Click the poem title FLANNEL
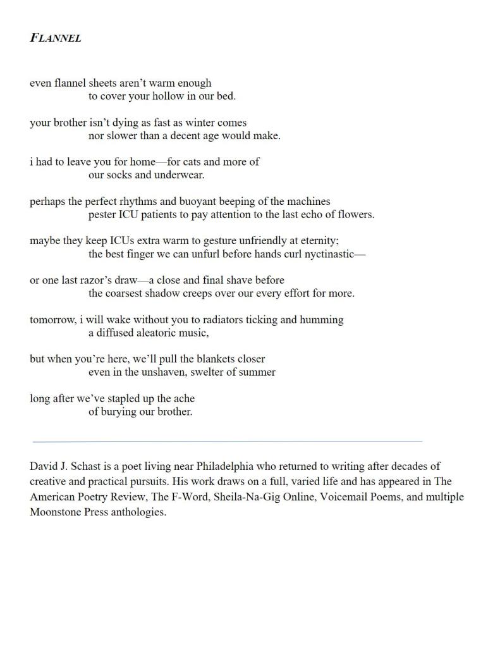[x=56, y=37]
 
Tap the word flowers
[x=355, y=214]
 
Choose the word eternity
[x=317, y=240]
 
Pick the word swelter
[x=212, y=372]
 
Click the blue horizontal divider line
[x=227, y=441]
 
